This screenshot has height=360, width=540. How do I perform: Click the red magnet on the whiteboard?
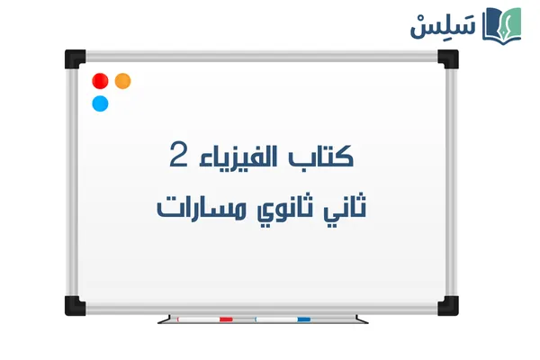(101, 80)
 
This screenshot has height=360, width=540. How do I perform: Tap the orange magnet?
(123, 80)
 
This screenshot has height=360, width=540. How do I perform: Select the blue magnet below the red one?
(101, 103)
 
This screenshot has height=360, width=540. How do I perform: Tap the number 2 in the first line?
(179, 155)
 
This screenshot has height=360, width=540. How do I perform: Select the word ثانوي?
(270, 208)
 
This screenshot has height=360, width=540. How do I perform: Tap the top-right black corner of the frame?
(446, 58)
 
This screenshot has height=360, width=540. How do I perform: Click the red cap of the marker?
(225, 319)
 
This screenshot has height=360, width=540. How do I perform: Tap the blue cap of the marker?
(303, 319)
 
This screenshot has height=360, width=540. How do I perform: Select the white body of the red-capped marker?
(198, 319)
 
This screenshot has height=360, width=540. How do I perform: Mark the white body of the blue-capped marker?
(274, 319)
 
